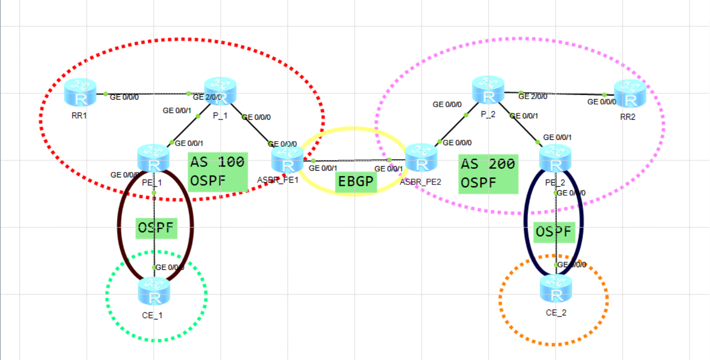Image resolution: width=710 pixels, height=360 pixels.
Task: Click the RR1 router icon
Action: point(80,92)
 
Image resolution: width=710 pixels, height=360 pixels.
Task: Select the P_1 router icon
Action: point(220,91)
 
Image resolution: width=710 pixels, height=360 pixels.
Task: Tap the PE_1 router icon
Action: point(154,159)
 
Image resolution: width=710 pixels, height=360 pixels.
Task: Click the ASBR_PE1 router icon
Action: point(288,159)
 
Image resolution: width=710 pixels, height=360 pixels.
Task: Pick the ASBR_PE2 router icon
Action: point(421,158)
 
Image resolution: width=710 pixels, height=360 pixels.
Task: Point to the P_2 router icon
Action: point(489,90)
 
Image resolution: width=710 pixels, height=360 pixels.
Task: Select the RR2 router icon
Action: point(630,94)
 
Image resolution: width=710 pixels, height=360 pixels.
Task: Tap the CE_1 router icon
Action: point(154,291)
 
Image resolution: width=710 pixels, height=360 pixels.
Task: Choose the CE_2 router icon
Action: point(556,289)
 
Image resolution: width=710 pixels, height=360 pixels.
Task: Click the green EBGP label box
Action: point(356,181)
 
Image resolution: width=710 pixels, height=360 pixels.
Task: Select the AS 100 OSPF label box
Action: point(217,172)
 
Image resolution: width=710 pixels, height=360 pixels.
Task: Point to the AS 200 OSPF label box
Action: point(488,174)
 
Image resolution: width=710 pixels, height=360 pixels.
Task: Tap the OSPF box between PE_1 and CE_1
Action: point(156,228)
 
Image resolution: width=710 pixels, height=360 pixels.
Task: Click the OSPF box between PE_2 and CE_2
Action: point(554,232)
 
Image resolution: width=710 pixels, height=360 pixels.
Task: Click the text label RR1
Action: point(79,116)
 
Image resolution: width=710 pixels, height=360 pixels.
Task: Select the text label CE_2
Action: point(556,313)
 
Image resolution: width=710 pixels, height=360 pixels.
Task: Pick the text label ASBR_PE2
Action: point(420,182)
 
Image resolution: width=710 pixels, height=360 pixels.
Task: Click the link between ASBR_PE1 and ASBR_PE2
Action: point(353,160)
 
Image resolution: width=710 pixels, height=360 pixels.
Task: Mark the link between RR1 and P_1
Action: point(147,94)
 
